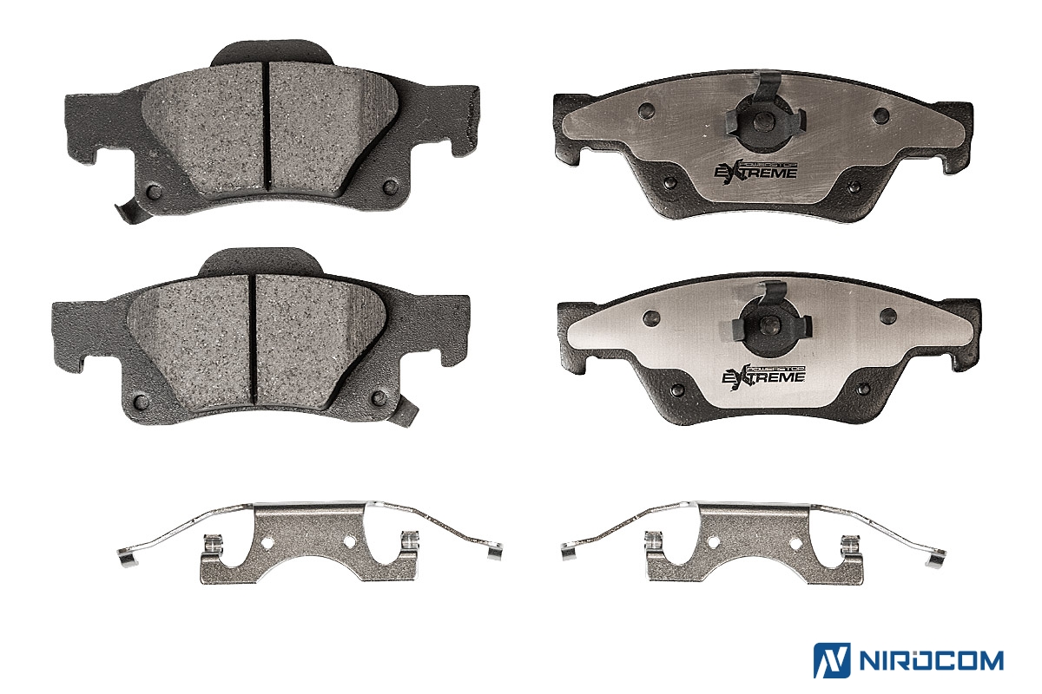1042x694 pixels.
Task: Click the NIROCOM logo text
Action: (x=931, y=661)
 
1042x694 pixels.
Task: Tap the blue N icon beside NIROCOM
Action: (x=832, y=660)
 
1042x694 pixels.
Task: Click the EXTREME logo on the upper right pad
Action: (x=755, y=172)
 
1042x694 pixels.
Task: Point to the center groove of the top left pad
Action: (x=267, y=126)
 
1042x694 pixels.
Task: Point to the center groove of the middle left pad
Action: (x=253, y=338)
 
